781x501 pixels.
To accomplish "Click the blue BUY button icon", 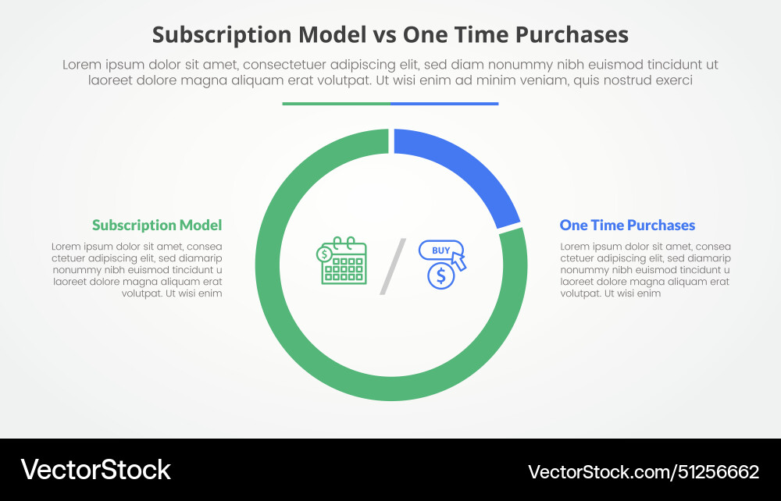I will pos(441,250).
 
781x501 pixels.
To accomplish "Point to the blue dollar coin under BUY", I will pos(441,275).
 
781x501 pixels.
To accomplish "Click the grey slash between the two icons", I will pos(393,267).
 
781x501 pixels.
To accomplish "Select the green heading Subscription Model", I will pos(157,226).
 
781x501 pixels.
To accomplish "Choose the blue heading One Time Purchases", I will pos(627,226).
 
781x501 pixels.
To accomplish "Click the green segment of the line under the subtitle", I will pos(336,103).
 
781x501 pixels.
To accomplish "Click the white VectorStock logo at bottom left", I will pos(95,470).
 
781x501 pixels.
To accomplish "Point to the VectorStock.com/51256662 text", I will pos(643,471).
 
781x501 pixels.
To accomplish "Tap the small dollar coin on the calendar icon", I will pos(323,253).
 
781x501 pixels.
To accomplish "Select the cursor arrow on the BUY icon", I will pos(459,261).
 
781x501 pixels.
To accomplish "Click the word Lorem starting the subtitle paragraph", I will pos(82,65).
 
